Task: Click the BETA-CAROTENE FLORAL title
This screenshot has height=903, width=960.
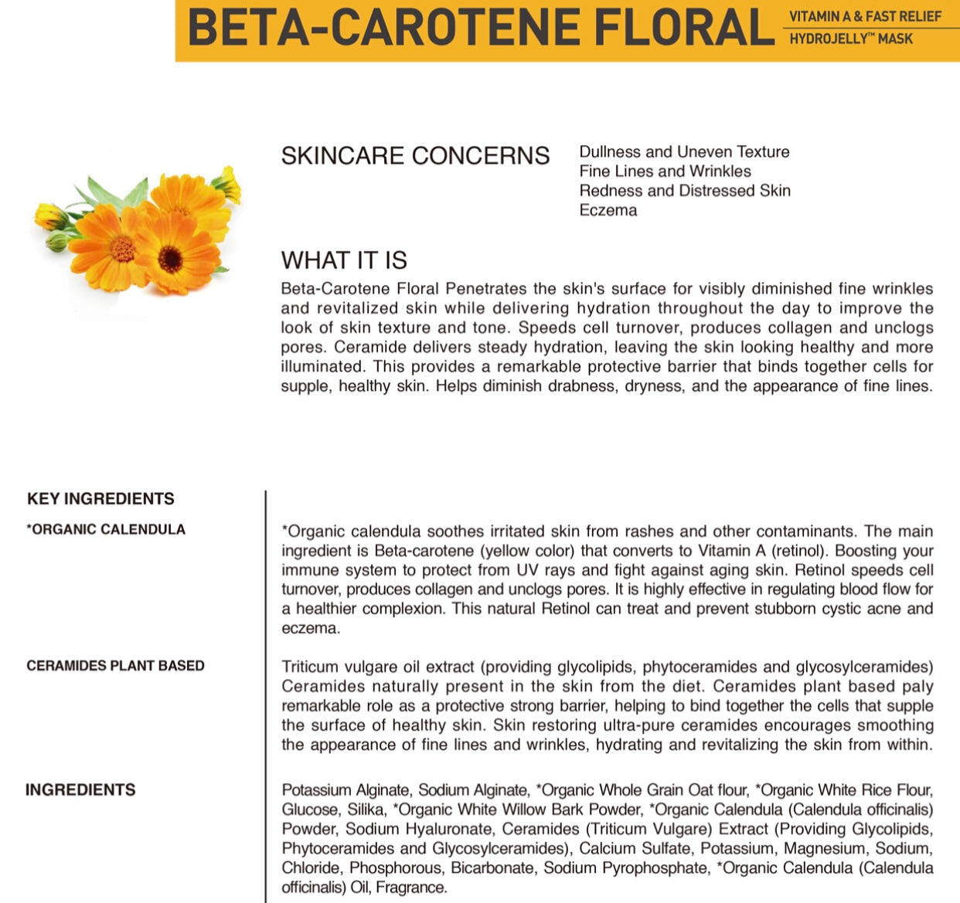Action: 479,29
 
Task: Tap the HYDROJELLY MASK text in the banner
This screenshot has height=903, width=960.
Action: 850,39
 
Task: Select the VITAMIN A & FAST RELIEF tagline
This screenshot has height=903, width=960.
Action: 864,16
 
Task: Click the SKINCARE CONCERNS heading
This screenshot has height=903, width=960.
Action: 415,156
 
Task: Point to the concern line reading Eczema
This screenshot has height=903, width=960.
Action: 608,210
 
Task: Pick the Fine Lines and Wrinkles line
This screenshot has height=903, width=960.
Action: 665,171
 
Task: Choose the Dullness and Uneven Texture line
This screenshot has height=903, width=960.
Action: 684,152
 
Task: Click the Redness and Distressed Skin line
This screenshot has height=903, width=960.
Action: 685,191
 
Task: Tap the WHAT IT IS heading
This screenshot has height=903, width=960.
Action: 344,260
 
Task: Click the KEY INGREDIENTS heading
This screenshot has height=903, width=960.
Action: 100,499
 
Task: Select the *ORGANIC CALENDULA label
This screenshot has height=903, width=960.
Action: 106,530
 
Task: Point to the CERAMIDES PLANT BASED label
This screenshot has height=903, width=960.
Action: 115,666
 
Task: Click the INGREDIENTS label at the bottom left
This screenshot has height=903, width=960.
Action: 80,790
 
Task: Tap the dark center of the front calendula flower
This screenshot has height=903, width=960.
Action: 170,259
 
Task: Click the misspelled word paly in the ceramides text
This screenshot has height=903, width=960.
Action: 917,687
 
